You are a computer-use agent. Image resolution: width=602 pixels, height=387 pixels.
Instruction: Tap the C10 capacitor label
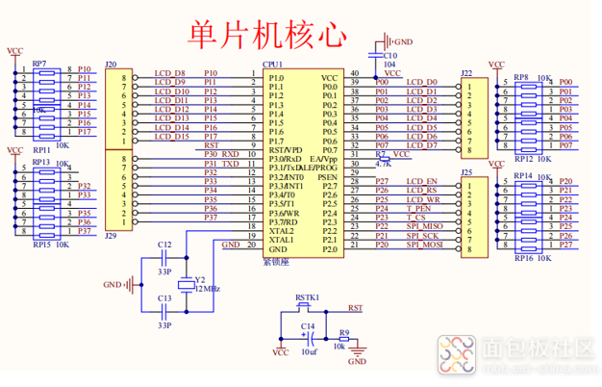[x=389, y=56]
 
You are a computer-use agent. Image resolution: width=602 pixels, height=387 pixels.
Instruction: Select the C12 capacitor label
[x=164, y=245]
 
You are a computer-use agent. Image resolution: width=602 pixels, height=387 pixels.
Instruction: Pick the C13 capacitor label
[x=164, y=298]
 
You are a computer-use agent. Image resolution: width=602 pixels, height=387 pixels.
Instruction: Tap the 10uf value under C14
[x=308, y=352]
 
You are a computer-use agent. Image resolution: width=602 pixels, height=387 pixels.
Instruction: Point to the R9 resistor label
[x=344, y=332]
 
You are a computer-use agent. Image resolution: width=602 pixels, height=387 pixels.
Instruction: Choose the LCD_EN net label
[x=421, y=181]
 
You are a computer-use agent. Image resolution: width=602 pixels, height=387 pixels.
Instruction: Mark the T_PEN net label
[x=418, y=208]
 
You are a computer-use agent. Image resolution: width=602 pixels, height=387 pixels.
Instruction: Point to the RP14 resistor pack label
[x=524, y=176]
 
